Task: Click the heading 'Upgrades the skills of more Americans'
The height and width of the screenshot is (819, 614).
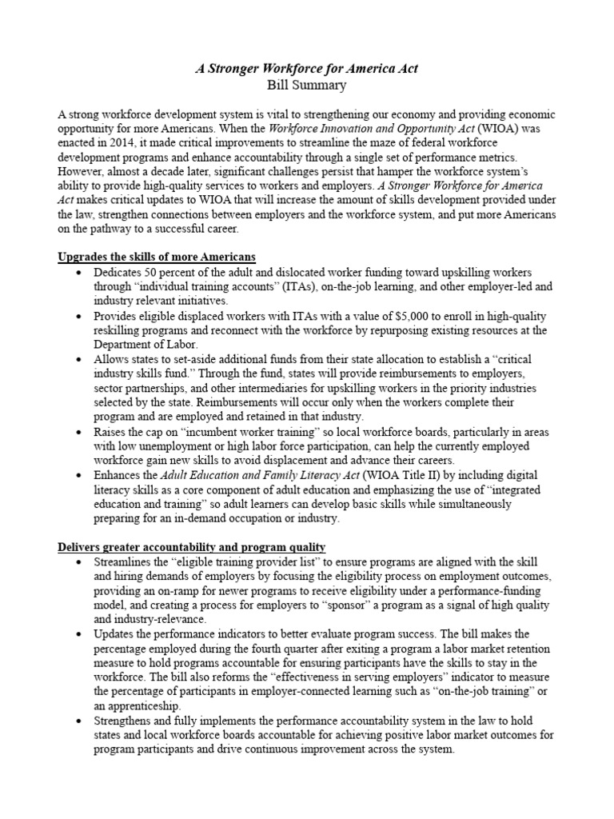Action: tap(157, 257)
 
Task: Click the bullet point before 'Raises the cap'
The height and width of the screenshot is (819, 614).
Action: tap(77, 432)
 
